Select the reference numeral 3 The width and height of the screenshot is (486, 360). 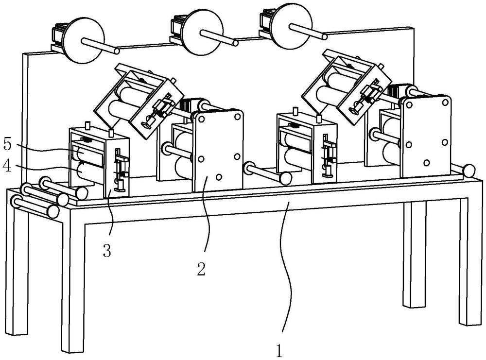click(107, 251)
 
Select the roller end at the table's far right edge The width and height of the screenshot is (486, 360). click(470, 171)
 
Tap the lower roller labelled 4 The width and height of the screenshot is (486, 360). click(90, 173)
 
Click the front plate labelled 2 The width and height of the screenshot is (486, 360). click(217, 151)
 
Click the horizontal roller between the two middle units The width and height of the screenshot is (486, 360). click(262, 173)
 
